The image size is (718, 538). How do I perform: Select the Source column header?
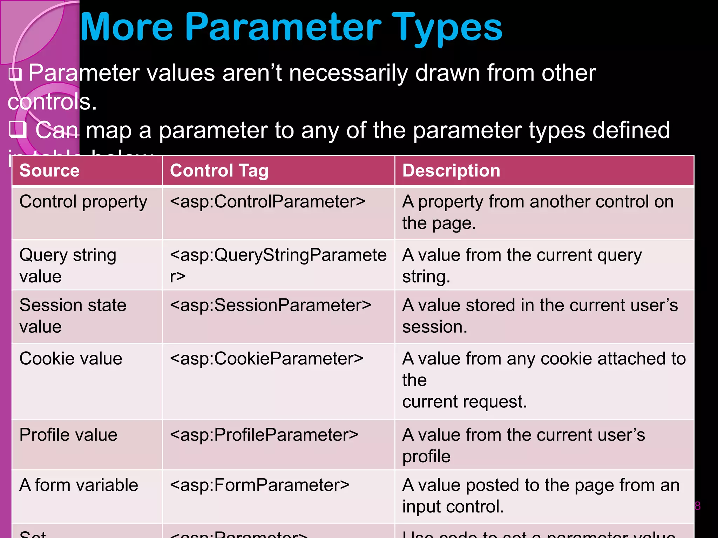(49, 171)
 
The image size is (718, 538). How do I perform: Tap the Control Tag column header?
(219, 171)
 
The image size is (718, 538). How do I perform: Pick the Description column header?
(451, 171)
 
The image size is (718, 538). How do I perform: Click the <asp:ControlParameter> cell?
(267, 202)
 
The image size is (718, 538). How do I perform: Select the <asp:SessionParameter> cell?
(270, 305)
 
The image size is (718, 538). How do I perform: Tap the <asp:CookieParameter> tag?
(266, 359)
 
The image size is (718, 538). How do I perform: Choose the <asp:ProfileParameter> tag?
(264, 435)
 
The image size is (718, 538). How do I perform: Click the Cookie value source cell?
(71, 359)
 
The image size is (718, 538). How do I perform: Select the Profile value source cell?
(68, 435)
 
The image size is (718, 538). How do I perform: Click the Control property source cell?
(83, 202)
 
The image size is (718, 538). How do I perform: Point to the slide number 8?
(697, 506)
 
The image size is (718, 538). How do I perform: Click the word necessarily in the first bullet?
(348, 73)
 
